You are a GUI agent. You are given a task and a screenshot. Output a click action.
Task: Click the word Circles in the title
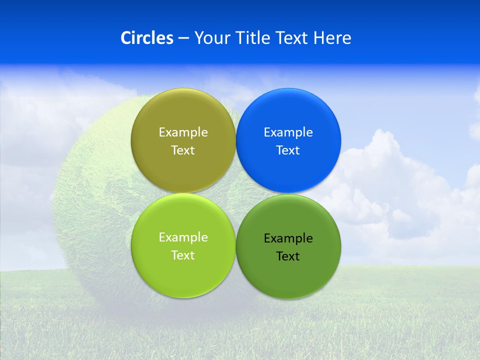click(x=146, y=38)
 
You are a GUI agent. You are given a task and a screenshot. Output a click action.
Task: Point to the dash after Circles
click(x=183, y=38)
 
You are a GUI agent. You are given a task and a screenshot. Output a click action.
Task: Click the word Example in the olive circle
click(x=183, y=132)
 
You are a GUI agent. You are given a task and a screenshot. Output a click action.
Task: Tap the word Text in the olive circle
click(x=183, y=150)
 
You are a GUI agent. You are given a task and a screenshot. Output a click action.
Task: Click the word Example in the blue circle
click(x=288, y=132)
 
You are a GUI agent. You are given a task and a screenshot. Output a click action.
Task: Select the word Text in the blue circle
click(x=288, y=150)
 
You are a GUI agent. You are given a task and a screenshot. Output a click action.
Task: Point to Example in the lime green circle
click(x=183, y=237)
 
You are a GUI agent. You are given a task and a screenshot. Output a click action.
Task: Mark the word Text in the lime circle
click(x=183, y=255)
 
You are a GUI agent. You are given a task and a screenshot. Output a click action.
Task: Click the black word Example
click(x=288, y=238)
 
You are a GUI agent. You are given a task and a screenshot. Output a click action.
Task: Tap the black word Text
click(x=288, y=256)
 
